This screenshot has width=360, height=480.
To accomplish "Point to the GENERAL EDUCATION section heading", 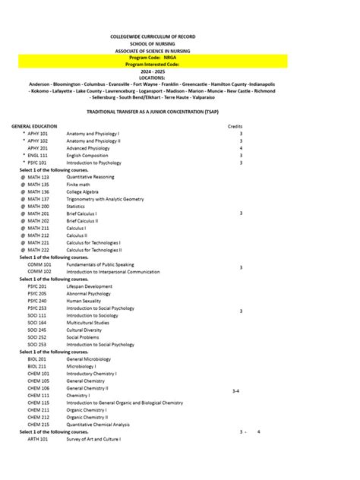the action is (x=34, y=126).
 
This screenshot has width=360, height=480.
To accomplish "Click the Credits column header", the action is (x=235, y=126).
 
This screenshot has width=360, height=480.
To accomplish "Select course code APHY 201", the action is (x=38, y=148).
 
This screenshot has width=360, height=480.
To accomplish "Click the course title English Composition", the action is (x=87, y=156).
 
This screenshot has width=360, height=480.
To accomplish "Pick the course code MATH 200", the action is (x=38, y=206).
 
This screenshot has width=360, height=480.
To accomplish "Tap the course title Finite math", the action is (x=79, y=185).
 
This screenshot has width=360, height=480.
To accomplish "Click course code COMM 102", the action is (x=39, y=271).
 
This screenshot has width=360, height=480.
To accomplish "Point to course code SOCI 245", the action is (x=37, y=330).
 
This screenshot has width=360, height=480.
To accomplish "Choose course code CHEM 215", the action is (x=39, y=424).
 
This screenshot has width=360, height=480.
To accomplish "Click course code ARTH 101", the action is (x=38, y=439).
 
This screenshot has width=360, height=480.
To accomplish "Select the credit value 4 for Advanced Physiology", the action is (x=241, y=148).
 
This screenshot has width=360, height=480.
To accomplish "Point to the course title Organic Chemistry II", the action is (x=87, y=417).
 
